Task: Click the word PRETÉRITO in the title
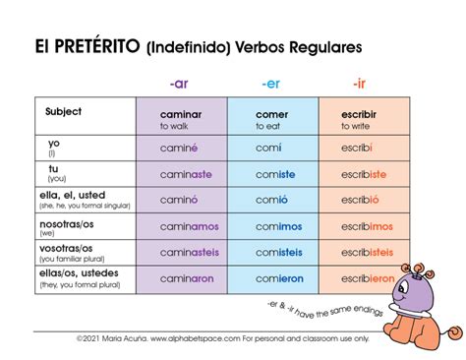(x=97, y=46)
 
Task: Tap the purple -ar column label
(x=179, y=84)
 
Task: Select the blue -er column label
(x=269, y=84)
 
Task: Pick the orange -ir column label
(x=360, y=84)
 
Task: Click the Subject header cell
(x=64, y=111)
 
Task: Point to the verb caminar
(x=180, y=114)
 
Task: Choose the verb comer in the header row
(x=271, y=114)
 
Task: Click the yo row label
(x=54, y=144)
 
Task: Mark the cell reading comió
(x=271, y=199)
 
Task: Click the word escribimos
(x=367, y=225)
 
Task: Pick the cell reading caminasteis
(x=190, y=252)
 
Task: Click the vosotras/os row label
(x=71, y=248)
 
